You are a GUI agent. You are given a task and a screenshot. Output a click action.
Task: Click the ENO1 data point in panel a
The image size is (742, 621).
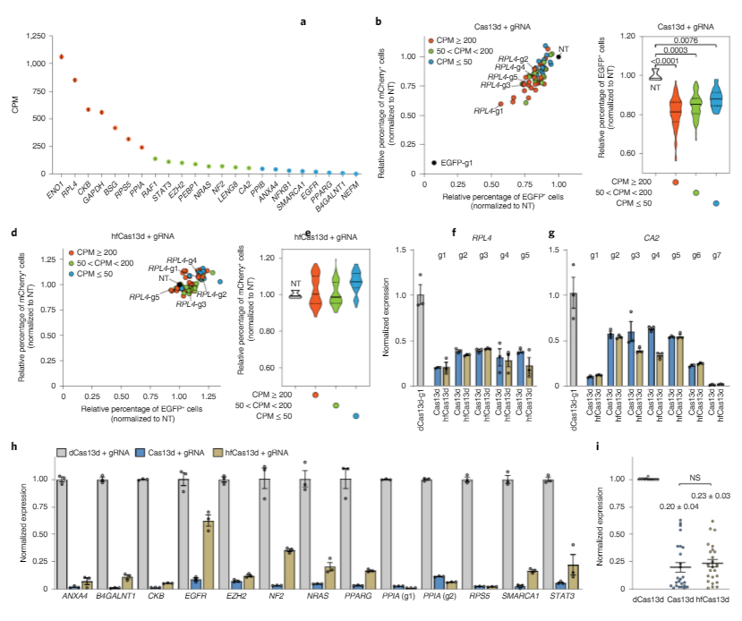(x=61, y=56)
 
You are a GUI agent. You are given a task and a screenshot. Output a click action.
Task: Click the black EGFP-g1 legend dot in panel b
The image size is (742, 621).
(x=434, y=162)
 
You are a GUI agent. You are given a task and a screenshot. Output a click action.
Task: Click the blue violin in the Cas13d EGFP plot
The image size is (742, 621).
(x=716, y=100)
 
